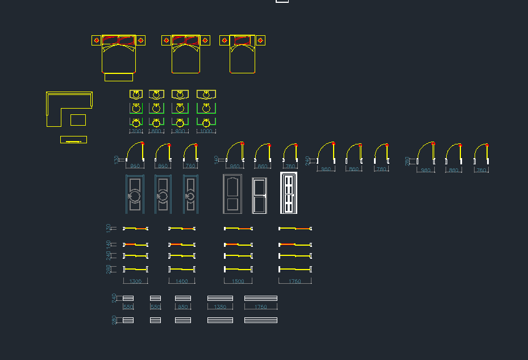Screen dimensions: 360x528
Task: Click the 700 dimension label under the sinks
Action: (136, 131)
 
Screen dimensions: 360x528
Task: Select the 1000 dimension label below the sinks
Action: (206, 131)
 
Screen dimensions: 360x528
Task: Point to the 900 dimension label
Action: (180, 131)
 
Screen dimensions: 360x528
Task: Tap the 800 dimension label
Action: (157, 131)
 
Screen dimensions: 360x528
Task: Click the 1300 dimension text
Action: (135, 282)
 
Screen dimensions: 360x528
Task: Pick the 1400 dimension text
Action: (181, 282)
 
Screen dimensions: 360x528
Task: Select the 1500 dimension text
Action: (238, 282)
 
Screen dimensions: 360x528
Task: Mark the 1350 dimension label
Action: (219, 307)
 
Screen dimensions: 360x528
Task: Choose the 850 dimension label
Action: (183, 307)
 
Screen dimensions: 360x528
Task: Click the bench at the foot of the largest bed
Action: (119, 77)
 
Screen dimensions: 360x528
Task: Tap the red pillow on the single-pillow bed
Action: (242, 40)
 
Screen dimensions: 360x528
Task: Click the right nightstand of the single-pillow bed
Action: (260, 40)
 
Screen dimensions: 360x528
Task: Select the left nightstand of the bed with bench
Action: (97, 40)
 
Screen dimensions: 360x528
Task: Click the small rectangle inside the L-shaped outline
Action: (78, 119)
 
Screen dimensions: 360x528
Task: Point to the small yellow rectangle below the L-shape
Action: (73, 140)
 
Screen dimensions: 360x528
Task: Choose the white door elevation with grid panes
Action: (289, 193)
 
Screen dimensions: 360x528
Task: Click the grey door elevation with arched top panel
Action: (231, 194)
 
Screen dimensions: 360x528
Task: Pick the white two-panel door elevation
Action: (259, 195)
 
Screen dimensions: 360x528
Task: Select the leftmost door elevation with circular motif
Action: (135, 194)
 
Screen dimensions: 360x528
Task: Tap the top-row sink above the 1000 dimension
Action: (206, 94)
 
